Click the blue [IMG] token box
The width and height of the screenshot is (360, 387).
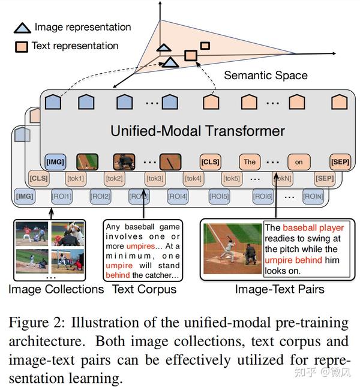tap(55, 161)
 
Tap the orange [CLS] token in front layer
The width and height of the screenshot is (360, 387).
tap(210, 161)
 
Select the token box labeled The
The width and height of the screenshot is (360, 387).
tap(250, 161)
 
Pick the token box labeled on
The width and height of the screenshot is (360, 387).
tap(298, 161)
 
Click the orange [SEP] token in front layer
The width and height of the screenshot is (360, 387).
tap(340, 161)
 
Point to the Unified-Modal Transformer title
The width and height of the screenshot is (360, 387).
tap(197, 130)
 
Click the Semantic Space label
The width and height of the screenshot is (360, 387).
tap(265, 76)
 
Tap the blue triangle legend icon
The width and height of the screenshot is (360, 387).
tap(23, 28)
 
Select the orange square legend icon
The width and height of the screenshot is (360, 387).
tap(22, 46)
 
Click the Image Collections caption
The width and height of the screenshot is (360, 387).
tap(56, 289)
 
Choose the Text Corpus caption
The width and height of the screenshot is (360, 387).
tap(144, 289)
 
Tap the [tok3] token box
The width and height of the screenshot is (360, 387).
tap(154, 178)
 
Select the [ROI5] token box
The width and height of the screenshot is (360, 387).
tap(219, 196)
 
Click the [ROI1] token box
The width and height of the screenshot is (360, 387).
tap(63, 196)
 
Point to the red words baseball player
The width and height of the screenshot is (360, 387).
tap(313, 228)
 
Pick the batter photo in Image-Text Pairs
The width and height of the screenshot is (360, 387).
tap(232, 248)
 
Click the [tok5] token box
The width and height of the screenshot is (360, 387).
tap(232, 178)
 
